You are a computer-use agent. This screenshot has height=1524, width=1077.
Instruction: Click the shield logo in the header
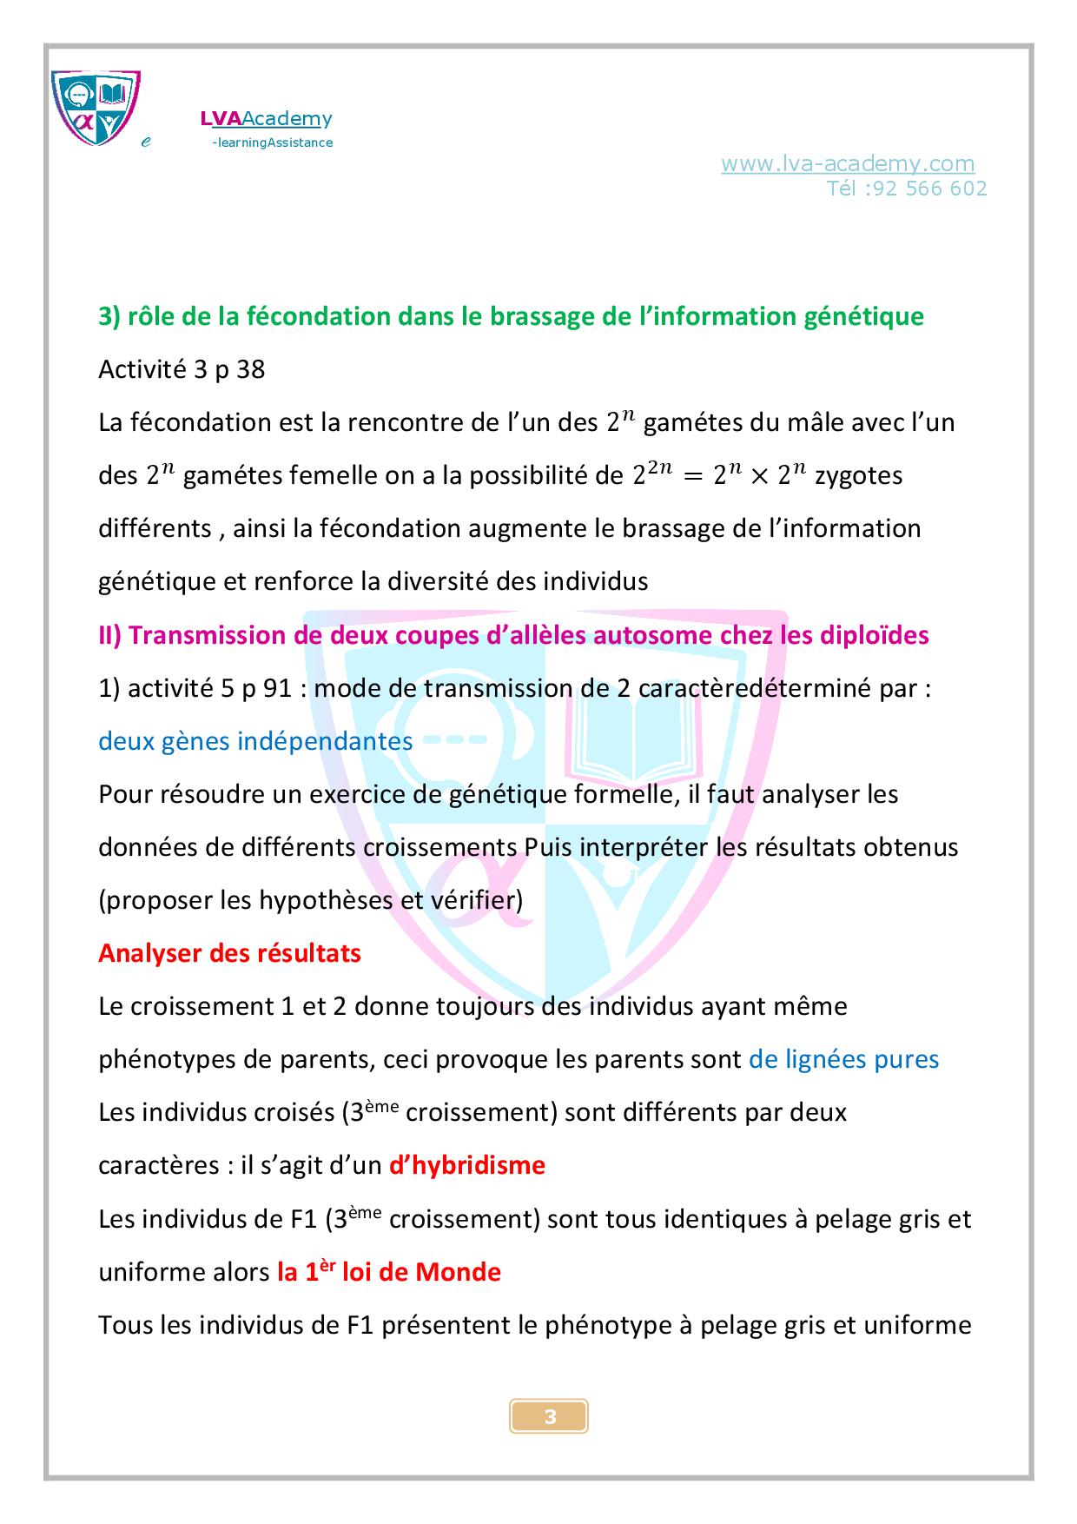click(96, 106)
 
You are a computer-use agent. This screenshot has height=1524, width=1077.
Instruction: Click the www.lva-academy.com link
click(847, 163)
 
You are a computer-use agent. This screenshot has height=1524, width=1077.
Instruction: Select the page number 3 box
click(549, 1417)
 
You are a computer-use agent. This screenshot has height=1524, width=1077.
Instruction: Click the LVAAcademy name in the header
click(266, 118)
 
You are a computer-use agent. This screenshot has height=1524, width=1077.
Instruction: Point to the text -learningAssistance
click(272, 142)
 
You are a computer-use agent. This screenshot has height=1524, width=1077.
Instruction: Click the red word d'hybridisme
click(467, 1164)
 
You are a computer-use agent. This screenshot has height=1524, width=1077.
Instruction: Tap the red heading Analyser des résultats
click(229, 952)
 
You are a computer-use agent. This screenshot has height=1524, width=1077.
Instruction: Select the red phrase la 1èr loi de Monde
click(389, 1272)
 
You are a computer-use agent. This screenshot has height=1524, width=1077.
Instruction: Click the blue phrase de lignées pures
click(843, 1059)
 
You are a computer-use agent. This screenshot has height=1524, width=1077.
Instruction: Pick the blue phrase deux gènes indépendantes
click(255, 741)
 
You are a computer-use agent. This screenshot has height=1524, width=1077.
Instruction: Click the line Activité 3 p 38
click(182, 369)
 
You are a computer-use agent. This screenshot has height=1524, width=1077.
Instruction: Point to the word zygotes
click(858, 475)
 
